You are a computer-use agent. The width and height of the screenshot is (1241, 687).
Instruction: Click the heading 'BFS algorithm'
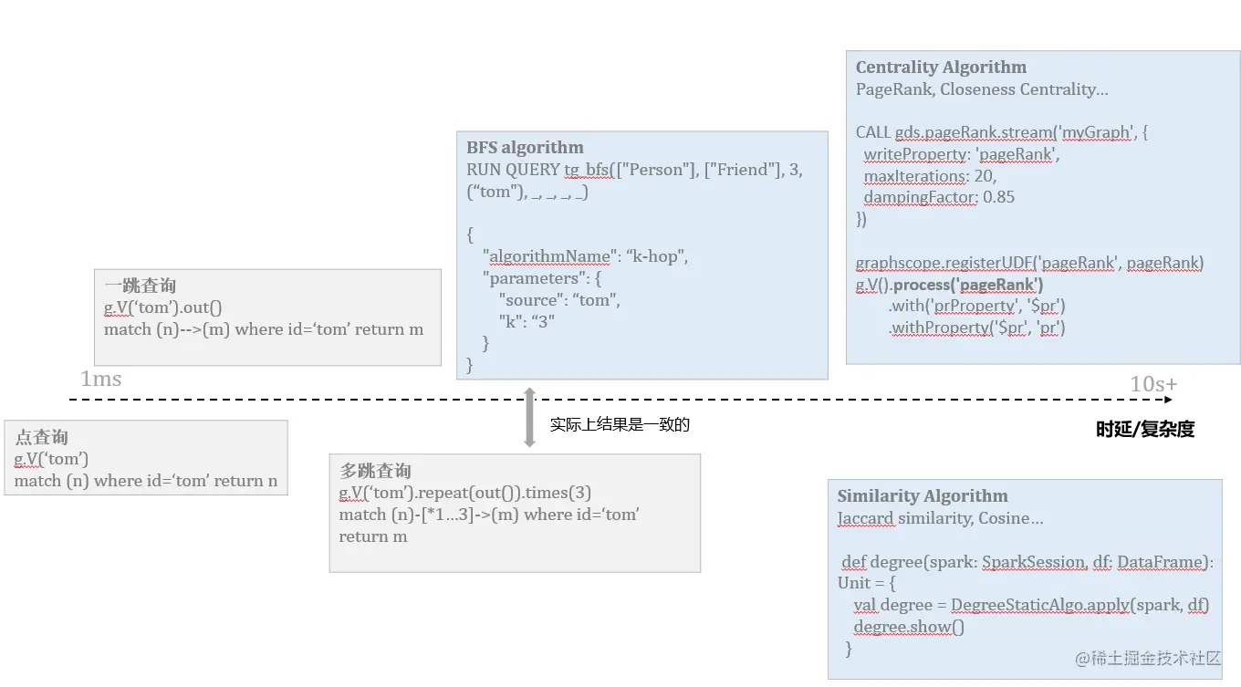tap(525, 148)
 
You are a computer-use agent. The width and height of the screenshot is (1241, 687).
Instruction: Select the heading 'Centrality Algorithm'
tap(941, 68)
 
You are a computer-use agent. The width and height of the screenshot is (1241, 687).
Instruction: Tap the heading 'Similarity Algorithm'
tap(923, 496)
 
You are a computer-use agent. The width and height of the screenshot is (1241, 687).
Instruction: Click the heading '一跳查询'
tap(141, 286)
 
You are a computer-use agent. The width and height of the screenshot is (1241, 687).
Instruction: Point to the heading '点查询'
tap(42, 438)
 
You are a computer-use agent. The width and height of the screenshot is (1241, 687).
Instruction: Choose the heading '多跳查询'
tap(375, 472)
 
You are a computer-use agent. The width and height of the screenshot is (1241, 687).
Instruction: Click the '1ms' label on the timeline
tap(100, 379)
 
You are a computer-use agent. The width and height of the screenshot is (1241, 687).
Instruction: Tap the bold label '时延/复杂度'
tap(1145, 430)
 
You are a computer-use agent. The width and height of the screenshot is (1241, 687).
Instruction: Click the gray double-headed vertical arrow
tap(529, 417)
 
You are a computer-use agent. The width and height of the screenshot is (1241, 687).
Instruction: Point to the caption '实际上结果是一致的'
tap(619, 425)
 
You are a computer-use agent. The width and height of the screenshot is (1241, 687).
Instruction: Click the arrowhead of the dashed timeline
tap(1168, 400)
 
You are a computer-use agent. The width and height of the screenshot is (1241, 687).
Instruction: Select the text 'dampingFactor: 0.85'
tap(939, 197)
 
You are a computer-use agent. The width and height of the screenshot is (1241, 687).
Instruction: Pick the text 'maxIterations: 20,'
tap(930, 176)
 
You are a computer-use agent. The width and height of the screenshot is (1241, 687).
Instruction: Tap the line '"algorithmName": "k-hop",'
tap(585, 256)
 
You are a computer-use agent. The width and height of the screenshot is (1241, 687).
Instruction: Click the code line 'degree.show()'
tap(909, 627)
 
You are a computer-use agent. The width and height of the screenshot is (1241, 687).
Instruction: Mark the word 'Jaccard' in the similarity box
tap(866, 518)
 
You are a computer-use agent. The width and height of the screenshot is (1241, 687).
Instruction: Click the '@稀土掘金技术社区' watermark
tap(1147, 659)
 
